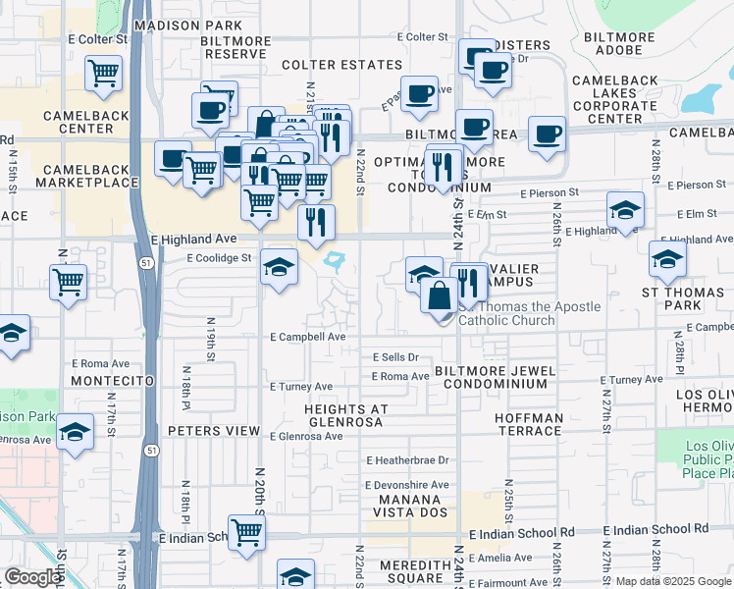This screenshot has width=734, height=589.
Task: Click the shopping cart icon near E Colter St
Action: pyautogui.click(x=103, y=72)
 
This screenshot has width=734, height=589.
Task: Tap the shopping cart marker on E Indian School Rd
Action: pyautogui.click(x=246, y=532)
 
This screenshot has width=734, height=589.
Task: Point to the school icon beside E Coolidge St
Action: pyautogui.click(x=279, y=266)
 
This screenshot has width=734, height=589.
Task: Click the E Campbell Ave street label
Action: pyautogui.click(x=308, y=337)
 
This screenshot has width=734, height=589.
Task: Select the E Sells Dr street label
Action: pyautogui.click(x=394, y=357)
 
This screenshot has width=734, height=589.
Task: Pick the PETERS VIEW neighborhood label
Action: pyautogui.click(x=210, y=430)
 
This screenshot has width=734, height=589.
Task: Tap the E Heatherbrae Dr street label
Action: pyautogui.click(x=406, y=459)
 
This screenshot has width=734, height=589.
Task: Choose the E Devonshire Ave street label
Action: pyautogui.click(x=406, y=485)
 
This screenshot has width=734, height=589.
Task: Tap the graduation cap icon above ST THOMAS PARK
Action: pyautogui.click(x=667, y=259)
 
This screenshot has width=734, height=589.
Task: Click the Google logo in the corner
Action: pyautogui.click(x=31, y=577)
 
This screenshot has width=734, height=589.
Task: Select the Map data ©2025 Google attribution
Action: pyautogui.click(x=672, y=582)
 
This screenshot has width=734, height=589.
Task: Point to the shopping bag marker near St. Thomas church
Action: pyautogui.click(x=438, y=293)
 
